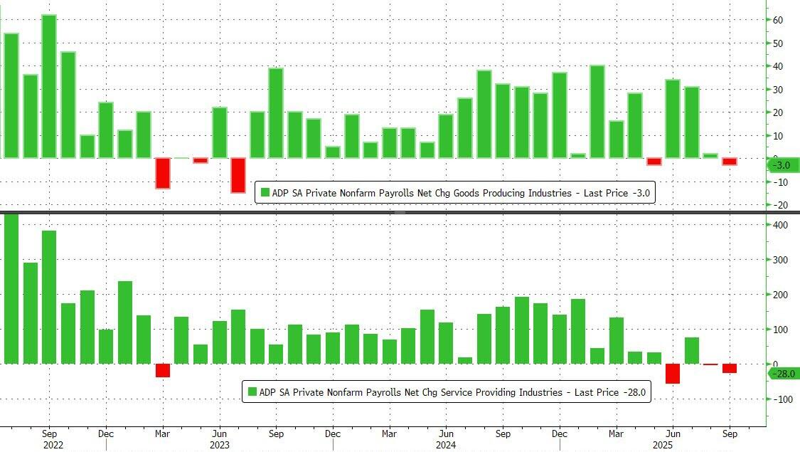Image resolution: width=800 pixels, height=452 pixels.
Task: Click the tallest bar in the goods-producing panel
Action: point(49,86)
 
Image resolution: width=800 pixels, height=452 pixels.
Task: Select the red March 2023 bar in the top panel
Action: point(163,173)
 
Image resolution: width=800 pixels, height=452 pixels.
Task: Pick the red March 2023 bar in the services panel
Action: point(163,370)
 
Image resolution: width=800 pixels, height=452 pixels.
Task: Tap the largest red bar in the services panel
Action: point(672,373)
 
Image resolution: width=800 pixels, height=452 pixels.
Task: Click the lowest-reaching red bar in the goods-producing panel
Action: point(238,175)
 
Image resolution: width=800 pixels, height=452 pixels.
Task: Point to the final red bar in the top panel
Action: point(730,162)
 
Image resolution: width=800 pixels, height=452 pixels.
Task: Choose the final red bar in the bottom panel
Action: point(730,368)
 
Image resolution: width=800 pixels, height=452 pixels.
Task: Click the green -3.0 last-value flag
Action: point(782,165)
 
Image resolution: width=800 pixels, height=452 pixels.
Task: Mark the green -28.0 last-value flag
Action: point(782,373)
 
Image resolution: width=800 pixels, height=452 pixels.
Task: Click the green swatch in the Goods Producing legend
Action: point(265,192)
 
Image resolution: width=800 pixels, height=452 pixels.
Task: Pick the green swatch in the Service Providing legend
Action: point(252,391)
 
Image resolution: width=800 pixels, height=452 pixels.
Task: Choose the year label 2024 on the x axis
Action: point(445,445)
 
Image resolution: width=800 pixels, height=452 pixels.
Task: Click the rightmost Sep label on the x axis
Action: point(730,433)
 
